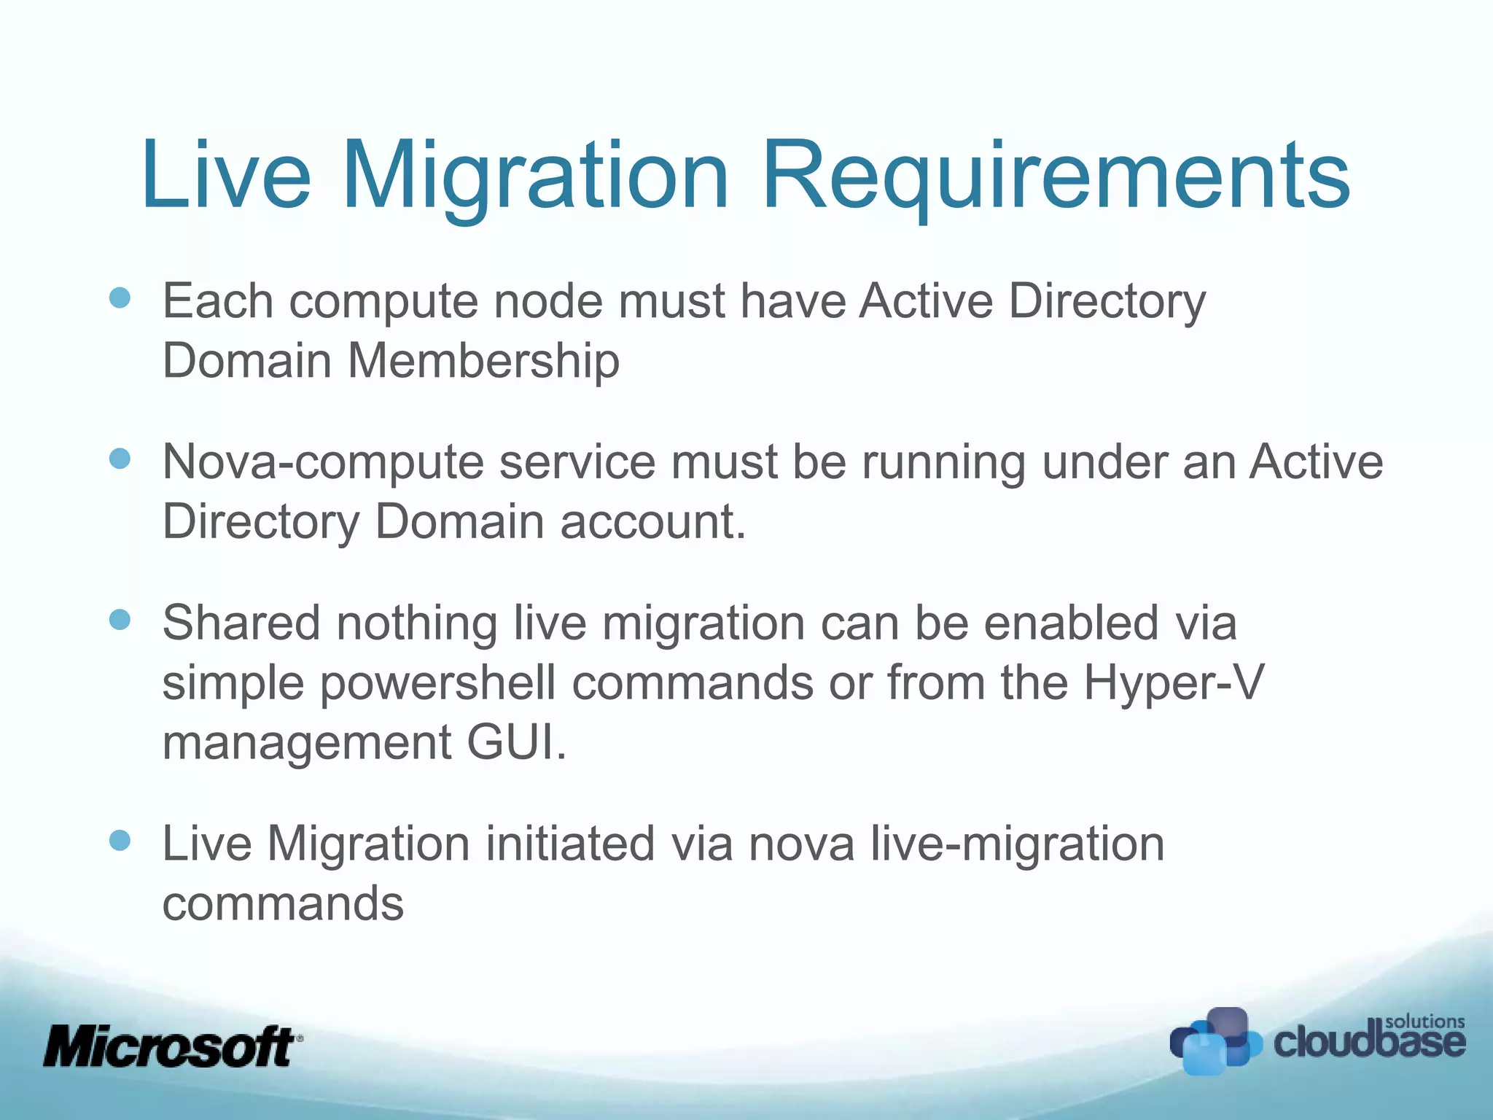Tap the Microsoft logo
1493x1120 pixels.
coord(171,1046)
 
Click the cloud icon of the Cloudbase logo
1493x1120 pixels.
coord(1214,1041)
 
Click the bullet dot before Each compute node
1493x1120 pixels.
coord(120,297)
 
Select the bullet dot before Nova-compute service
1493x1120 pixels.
coord(120,459)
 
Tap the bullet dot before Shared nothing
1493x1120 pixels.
coord(120,620)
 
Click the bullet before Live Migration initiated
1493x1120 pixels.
coord(120,840)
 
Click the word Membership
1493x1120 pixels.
coord(483,361)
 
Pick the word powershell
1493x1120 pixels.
coord(437,684)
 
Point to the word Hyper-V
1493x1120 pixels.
coord(1174,684)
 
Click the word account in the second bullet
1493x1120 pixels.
coord(652,522)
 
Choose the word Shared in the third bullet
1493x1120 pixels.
coord(241,623)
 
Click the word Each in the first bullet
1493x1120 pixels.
coord(218,301)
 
